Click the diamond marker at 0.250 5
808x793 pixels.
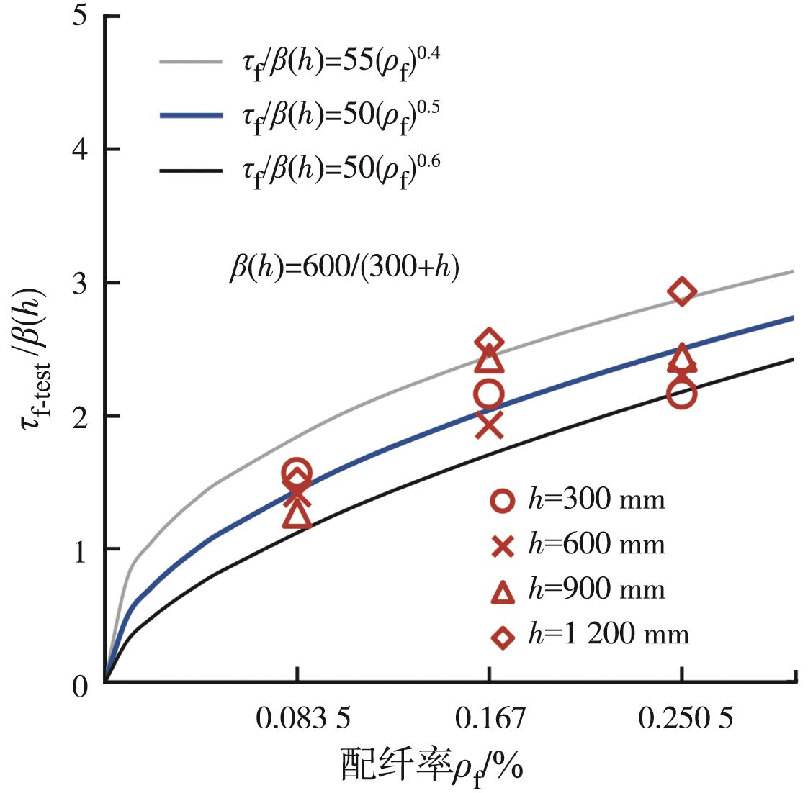pyautogui.click(x=682, y=291)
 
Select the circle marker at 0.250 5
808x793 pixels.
pyautogui.click(x=681, y=394)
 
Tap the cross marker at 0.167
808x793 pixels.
pyautogui.click(x=489, y=425)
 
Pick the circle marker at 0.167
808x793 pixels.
pyautogui.click(x=489, y=394)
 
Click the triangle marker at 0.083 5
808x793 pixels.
pyautogui.click(x=297, y=515)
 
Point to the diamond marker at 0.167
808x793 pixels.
pyautogui.click(x=489, y=341)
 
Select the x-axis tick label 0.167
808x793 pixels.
pyautogui.click(x=490, y=718)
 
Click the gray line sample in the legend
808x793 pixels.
pyautogui.click(x=190, y=63)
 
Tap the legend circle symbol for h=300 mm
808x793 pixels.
pyautogui.click(x=502, y=501)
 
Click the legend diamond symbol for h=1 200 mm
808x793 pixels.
pyautogui.click(x=502, y=636)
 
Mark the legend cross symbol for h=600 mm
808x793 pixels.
pyautogui.click(x=502, y=546)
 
